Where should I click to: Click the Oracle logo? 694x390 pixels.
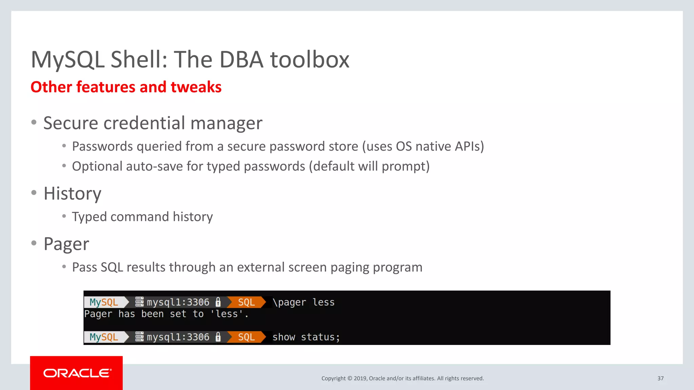click(77, 373)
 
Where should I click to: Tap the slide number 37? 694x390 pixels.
click(660, 378)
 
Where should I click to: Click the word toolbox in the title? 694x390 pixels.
click(309, 60)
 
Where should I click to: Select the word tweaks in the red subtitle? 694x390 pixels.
click(196, 87)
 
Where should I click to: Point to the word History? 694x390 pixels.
click(73, 194)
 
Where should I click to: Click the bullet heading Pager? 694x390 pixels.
click(66, 244)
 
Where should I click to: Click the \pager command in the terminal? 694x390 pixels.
click(289, 302)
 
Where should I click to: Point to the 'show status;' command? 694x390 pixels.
click(306, 337)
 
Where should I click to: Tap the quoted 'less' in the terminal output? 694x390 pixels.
click(227, 314)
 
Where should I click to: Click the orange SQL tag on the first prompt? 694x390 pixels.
click(246, 302)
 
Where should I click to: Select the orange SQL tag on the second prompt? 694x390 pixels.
click(246, 337)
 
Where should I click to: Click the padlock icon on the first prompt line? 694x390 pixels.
click(218, 302)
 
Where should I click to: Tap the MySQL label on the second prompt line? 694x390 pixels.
click(104, 337)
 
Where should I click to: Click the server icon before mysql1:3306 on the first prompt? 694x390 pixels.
click(139, 302)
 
